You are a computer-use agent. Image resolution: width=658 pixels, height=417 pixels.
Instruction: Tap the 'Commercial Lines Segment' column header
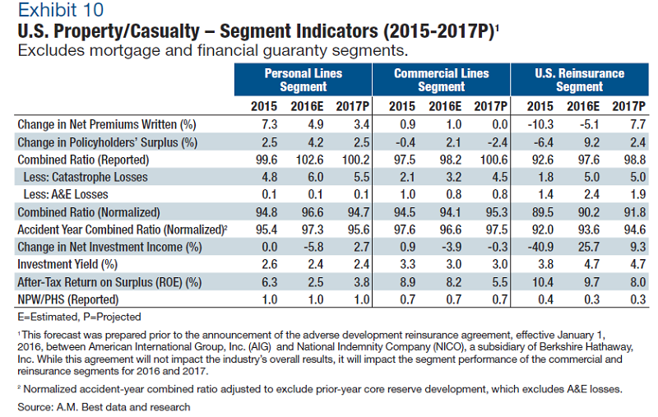coord(441,80)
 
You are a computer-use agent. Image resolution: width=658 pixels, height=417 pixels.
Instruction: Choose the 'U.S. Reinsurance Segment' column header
coord(579,80)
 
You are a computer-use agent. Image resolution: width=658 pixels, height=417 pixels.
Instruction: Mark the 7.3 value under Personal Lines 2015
coord(263,123)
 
